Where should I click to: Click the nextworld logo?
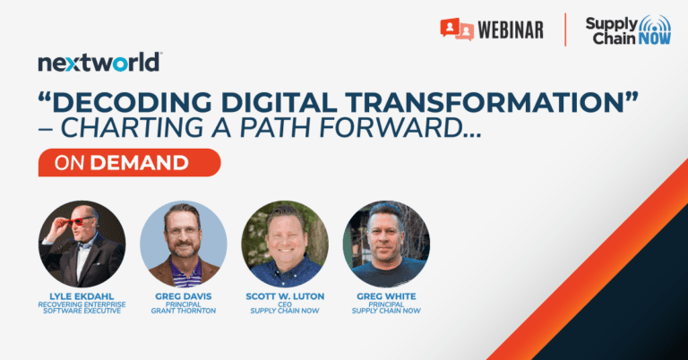coord(100,63)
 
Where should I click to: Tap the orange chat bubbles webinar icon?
coord(457,30)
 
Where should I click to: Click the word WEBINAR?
coord(511,30)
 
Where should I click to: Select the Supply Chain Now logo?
coord(628,30)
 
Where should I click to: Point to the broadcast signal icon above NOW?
coord(655,24)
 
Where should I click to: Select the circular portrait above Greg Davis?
coord(184,244)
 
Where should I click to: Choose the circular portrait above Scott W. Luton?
coord(285,244)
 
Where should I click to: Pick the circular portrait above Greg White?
coord(386,244)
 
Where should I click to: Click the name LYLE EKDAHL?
coord(82,296)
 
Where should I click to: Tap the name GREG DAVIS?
coord(184,296)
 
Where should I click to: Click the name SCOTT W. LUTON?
coord(285,296)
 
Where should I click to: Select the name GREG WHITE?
coord(386,296)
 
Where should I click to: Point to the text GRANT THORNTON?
coord(184,311)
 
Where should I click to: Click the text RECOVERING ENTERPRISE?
coord(82,304)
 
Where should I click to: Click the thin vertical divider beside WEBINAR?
coord(565,30)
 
